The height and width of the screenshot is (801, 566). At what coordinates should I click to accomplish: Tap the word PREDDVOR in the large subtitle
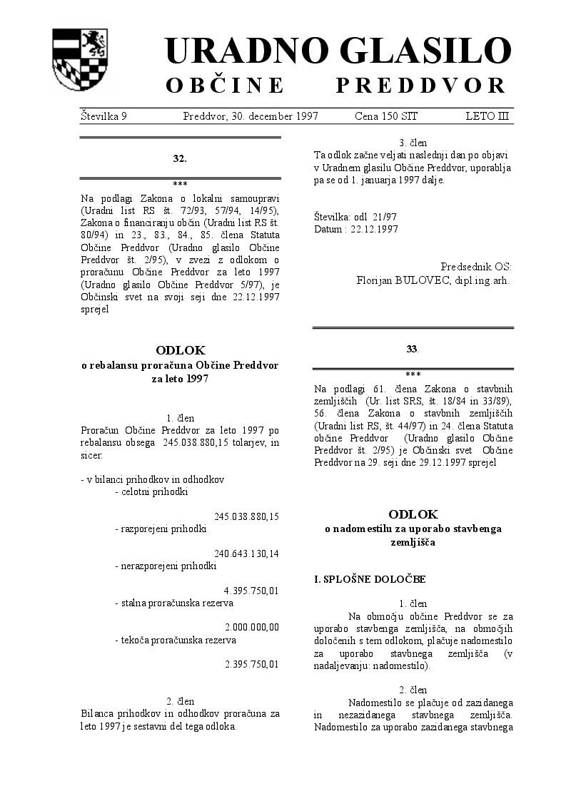tap(421, 86)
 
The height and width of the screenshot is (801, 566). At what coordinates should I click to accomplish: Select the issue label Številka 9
tap(103, 116)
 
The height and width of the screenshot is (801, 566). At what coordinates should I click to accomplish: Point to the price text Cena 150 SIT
tap(386, 116)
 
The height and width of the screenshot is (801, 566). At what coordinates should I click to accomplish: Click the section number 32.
tap(180, 158)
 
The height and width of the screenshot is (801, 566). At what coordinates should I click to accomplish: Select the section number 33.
tap(412, 349)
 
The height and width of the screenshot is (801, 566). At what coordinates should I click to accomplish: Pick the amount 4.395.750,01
tap(251, 591)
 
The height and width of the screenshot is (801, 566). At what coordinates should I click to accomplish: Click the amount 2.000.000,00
tap(252, 628)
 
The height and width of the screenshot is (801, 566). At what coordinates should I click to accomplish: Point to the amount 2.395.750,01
tap(251, 664)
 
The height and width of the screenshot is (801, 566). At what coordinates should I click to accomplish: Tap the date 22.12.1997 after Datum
tap(374, 229)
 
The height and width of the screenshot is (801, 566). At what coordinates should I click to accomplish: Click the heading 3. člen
tap(413, 143)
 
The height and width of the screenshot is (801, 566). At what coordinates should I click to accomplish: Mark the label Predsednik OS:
tap(475, 267)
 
